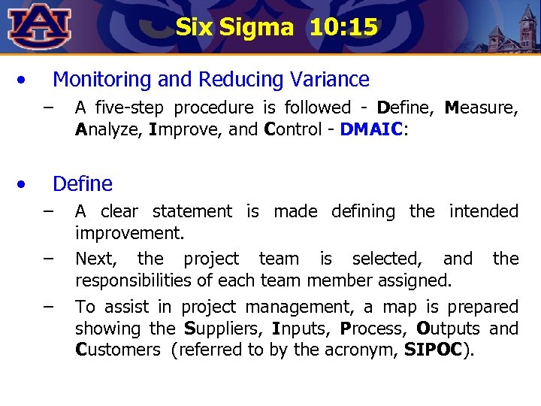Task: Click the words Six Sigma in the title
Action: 234,28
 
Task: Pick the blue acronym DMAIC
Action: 372,129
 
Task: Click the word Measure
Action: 481,108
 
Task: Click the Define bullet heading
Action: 83,183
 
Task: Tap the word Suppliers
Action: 218,329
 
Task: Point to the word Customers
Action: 118,350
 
